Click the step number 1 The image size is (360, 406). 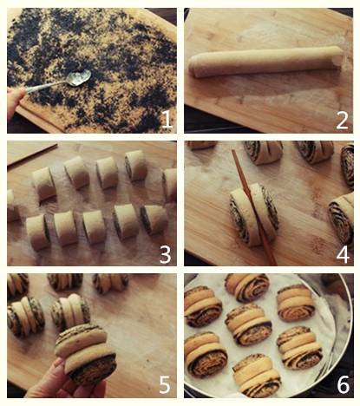coord(167,120)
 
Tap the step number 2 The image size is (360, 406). coord(343,120)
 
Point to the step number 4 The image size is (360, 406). coord(343,254)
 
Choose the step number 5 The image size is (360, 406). coord(165,384)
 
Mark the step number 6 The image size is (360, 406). coord(344,384)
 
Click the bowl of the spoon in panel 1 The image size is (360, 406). coord(78,77)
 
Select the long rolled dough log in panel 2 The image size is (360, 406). coord(265,62)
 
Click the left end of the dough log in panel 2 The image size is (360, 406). coord(193,67)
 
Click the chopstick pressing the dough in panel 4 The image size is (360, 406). coord(253,206)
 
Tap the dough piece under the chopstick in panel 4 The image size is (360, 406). coord(254,215)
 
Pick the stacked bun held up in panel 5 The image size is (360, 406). coord(85,353)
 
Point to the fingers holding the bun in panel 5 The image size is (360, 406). coord(54,382)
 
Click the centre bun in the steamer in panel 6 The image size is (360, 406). coord(248,324)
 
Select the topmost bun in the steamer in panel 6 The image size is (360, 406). coord(247,287)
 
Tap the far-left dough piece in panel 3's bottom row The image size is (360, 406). coord(37,232)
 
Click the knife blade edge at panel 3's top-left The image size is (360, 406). coord(32,155)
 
